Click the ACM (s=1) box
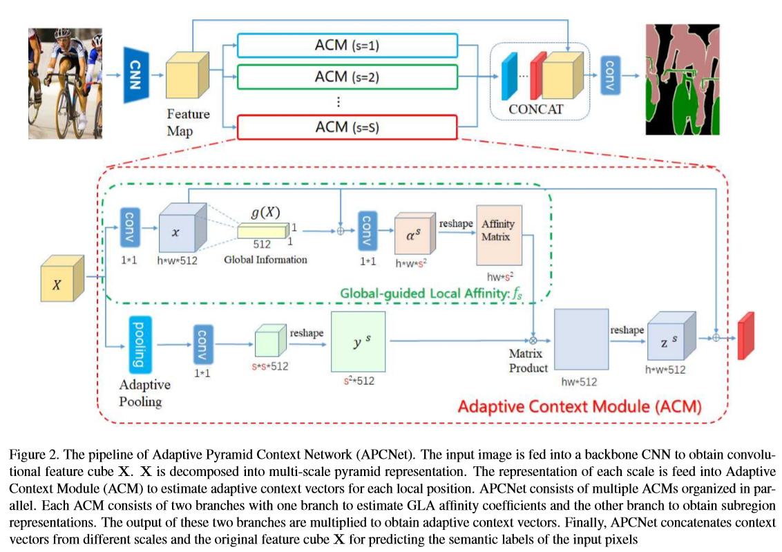point(347,46)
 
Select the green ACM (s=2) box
point(347,77)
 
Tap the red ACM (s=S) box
point(347,128)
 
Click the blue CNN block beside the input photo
point(136,75)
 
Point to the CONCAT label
point(535,109)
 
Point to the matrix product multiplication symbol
point(533,340)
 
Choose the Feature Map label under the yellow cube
point(188,122)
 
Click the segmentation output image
point(681,79)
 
